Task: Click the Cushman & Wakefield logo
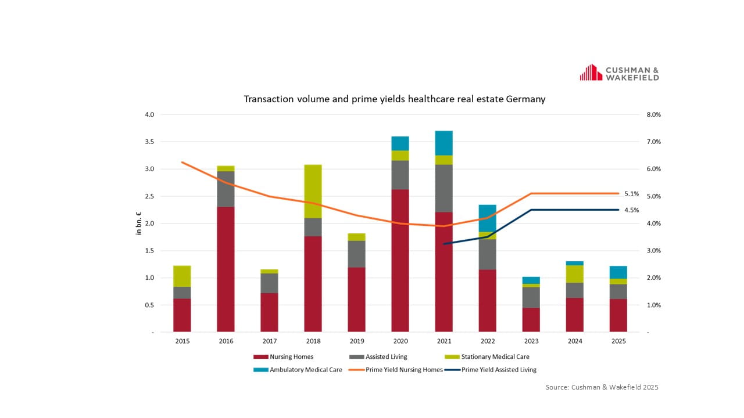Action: tap(619, 73)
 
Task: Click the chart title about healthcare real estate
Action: tap(394, 99)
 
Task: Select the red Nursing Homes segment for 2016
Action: tap(226, 269)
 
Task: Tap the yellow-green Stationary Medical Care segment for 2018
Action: tap(313, 192)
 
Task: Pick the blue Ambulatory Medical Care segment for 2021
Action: tap(443, 143)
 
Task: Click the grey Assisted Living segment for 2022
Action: tap(487, 254)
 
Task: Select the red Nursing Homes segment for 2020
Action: tap(400, 261)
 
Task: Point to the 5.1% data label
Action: tap(631, 194)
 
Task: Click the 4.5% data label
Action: tap(631, 210)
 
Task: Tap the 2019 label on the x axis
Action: tap(356, 341)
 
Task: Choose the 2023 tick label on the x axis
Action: tap(531, 341)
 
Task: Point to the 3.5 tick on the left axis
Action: tap(149, 142)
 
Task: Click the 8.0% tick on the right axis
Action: tap(654, 115)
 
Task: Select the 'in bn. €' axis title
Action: tap(139, 224)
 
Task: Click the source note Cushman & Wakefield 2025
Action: tap(602, 387)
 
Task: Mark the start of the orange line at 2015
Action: tap(182, 162)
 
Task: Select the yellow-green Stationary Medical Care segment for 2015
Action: tap(182, 276)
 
